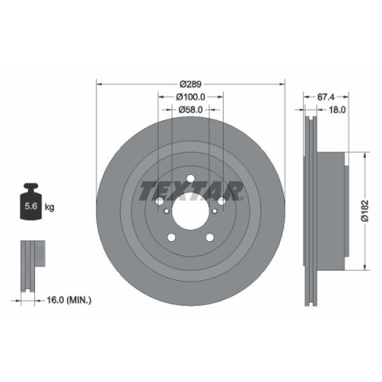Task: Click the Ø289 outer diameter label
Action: (191, 84)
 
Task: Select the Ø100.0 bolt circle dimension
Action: (191, 97)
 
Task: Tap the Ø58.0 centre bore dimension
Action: (191, 110)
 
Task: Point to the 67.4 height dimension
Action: (326, 97)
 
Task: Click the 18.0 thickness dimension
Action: (337, 110)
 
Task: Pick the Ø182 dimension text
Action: (365, 211)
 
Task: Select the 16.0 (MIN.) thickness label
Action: (69, 300)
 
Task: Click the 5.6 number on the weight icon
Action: (31, 206)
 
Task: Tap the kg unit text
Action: (49, 207)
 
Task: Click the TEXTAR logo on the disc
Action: (191, 191)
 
